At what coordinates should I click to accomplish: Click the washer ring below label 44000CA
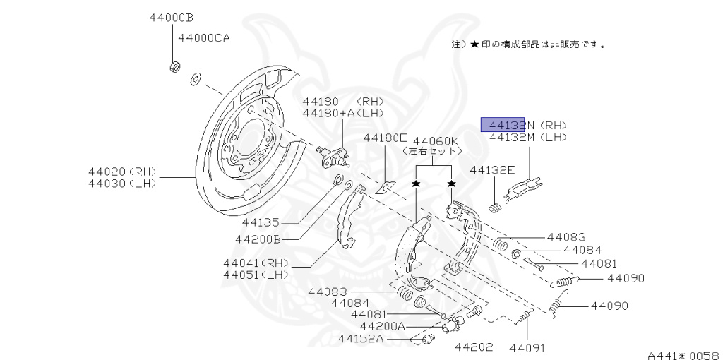(x=195, y=76)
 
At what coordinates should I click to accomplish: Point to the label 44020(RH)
(x=122, y=172)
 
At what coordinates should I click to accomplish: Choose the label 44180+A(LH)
(x=342, y=113)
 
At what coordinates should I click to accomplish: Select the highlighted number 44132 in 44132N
(x=503, y=125)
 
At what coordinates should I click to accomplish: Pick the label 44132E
(x=493, y=170)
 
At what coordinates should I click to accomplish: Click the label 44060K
(x=436, y=140)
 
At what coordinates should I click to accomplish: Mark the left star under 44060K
(x=417, y=184)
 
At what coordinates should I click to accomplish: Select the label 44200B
(x=258, y=239)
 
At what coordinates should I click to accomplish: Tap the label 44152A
(x=361, y=338)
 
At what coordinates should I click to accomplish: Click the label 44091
(x=527, y=347)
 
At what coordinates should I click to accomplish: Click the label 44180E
(x=386, y=138)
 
